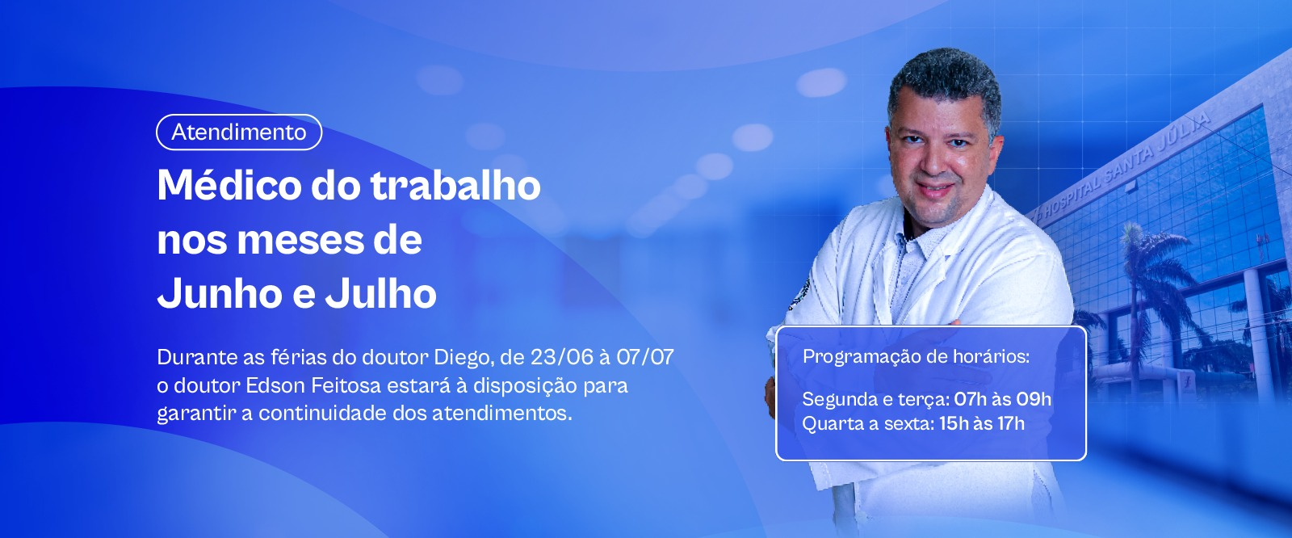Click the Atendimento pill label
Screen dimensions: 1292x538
point(239,132)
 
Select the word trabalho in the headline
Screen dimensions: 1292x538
point(455,185)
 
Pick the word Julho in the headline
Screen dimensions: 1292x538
point(380,293)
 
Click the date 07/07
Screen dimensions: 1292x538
point(645,357)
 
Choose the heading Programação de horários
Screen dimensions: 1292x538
point(916,357)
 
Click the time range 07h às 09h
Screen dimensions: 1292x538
point(1002,399)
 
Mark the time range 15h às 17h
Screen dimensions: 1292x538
point(982,424)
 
